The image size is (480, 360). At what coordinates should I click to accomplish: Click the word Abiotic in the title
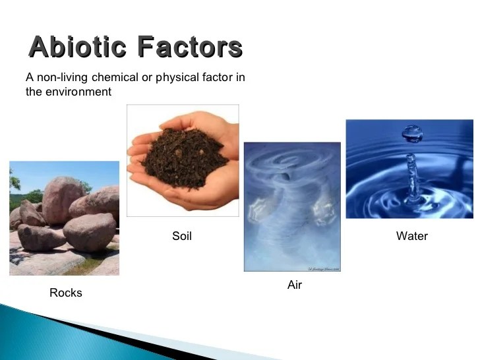(77, 47)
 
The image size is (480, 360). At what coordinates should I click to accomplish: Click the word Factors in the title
(190, 47)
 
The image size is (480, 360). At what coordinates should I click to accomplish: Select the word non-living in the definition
(63, 77)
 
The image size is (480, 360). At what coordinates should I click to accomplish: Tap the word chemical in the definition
(115, 77)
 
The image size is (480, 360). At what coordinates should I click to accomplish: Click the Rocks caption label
(66, 293)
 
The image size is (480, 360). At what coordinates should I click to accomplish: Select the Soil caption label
(182, 236)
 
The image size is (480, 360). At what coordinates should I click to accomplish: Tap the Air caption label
(295, 285)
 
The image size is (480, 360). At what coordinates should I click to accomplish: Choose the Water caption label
(411, 236)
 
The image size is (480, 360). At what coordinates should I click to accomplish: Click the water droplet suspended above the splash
(412, 134)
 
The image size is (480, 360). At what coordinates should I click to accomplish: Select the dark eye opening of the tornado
(285, 176)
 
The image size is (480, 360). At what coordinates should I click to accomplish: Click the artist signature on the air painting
(324, 269)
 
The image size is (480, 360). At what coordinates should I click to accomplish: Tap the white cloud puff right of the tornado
(324, 212)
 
